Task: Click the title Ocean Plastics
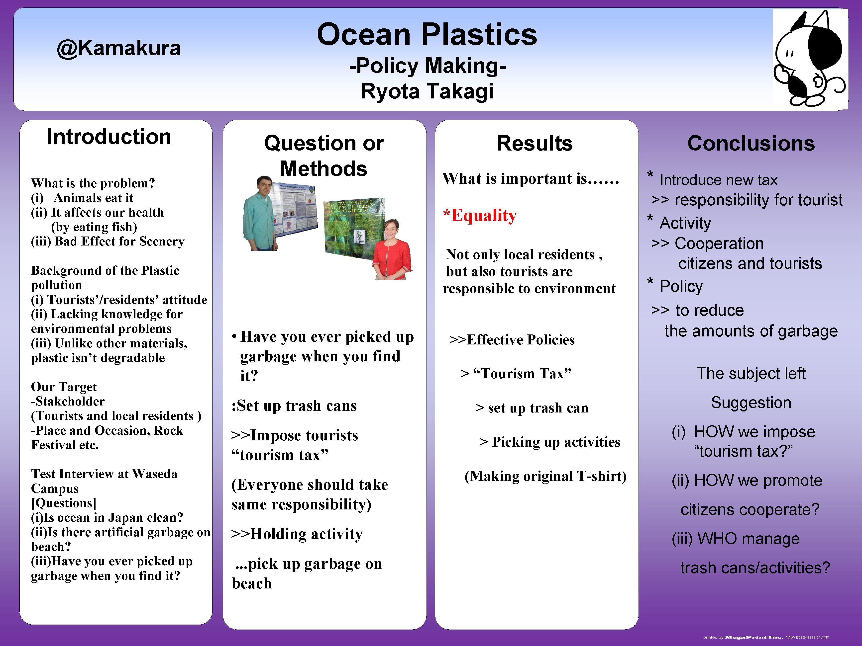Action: (x=427, y=34)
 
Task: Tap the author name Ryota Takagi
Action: (x=427, y=91)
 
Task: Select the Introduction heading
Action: (x=109, y=137)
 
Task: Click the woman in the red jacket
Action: (x=391, y=251)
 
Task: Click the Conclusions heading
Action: (x=751, y=143)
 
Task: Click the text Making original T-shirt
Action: (x=545, y=476)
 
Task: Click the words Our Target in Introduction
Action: (x=64, y=387)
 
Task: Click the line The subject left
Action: (x=751, y=373)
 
